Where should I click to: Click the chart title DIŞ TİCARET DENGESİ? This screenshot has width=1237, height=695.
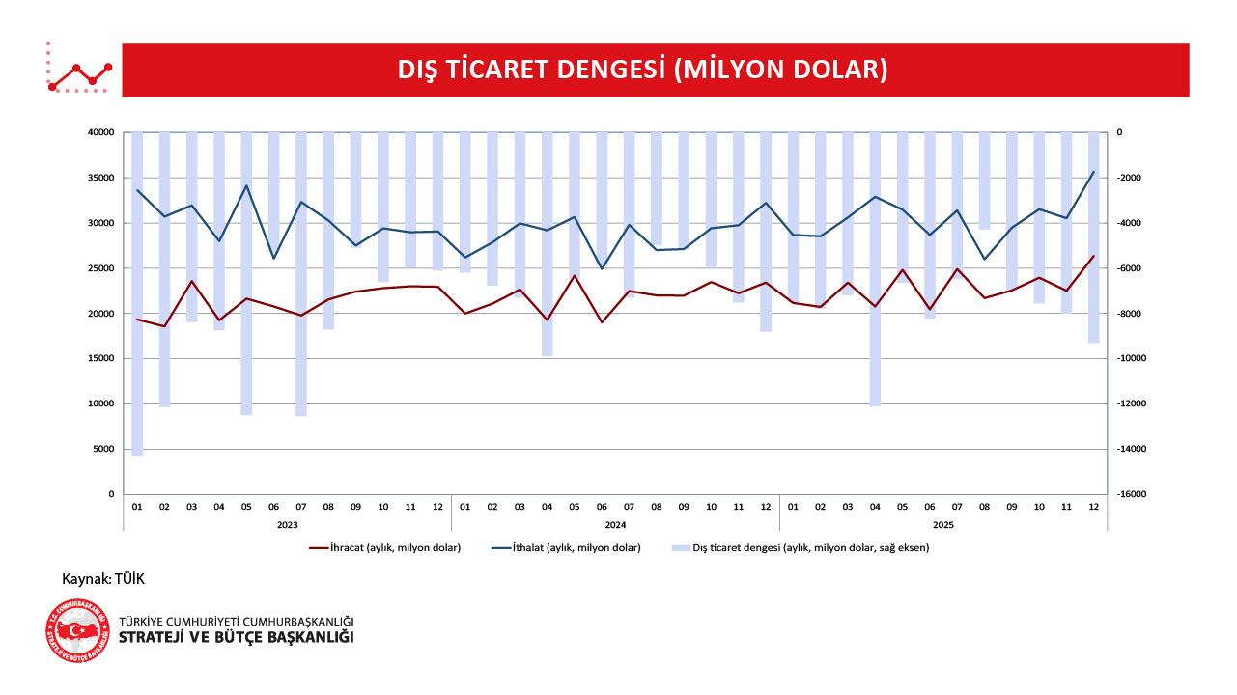coord(642,69)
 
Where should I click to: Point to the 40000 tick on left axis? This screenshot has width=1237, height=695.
coord(100,132)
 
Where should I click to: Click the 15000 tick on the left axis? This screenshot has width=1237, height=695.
coord(100,358)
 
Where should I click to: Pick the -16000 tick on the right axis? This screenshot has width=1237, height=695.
coord(1132,494)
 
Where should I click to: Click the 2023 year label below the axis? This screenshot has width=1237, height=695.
coord(287,525)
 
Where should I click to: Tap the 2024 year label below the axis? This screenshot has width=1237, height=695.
coord(615,525)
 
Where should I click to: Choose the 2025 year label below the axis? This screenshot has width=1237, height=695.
coord(943,525)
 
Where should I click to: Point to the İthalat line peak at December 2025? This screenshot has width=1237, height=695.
coord(1093,172)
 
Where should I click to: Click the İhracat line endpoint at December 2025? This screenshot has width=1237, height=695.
coord(1093,256)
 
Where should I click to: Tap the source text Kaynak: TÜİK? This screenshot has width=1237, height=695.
coord(103,578)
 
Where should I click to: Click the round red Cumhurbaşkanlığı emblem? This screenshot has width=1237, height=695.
coord(77,631)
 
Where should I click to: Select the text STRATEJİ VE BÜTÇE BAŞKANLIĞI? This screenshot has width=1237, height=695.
coord(236,638)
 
